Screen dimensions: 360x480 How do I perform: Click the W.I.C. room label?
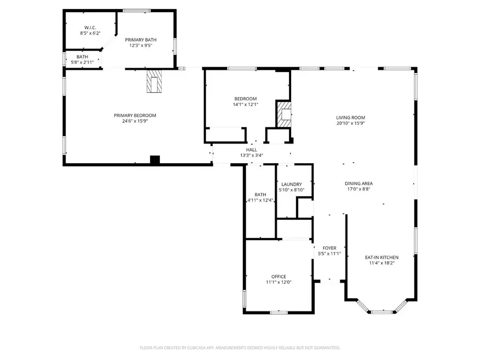pos(89,27)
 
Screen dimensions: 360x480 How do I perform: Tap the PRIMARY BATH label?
pos(141,39)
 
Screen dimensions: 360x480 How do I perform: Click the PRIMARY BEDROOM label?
pos(135,116)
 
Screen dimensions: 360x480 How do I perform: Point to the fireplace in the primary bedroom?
pos(154,81)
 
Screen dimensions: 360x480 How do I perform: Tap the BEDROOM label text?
pos(245,99)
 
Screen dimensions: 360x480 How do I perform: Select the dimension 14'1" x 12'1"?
pos(245,105)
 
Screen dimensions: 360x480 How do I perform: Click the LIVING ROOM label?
pos(350,118)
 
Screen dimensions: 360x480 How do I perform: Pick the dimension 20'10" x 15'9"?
pos(350,124)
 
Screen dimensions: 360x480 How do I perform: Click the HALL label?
pos(252,150)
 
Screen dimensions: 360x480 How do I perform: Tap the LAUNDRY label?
pos(292,184)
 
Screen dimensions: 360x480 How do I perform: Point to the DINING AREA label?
pos(358,183)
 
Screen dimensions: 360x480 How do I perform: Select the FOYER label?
pos(330,248)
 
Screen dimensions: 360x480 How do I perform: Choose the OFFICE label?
pos(279,276)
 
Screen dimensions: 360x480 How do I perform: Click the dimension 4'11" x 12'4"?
pos(260,201)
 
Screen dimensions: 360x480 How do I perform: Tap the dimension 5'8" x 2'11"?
pos(82,62)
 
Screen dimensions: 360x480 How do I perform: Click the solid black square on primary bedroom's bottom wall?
pos(155,160)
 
